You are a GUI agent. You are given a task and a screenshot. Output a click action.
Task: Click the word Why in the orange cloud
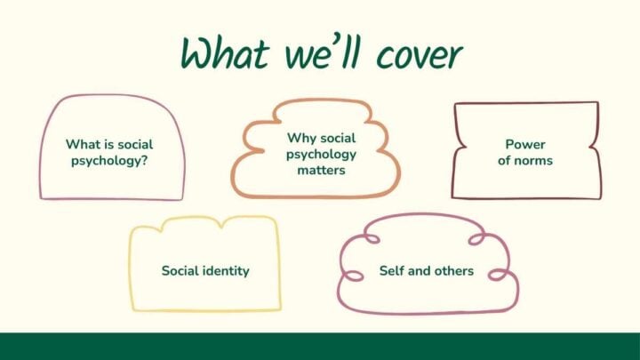pos(298,138)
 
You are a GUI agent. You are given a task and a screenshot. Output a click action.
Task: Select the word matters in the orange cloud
pos(321,170)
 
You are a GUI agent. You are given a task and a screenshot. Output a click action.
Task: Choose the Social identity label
pos(205,270)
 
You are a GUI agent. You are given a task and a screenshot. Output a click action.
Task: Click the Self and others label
pos(427,270)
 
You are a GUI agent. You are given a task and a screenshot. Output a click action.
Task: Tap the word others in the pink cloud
pos(453,270)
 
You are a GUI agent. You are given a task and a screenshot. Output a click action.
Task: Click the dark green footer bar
pos(320,346)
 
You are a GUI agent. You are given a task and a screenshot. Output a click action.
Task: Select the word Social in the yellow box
pos(180,270)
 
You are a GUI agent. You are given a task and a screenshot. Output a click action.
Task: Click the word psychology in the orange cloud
pos(321,154)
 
